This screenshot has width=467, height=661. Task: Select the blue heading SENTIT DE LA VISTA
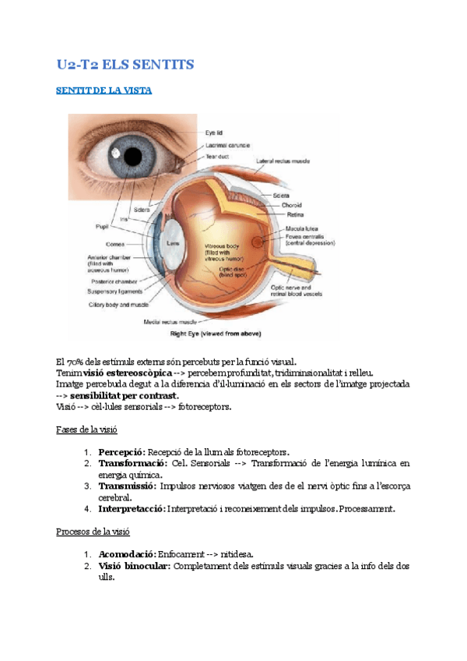coord(104,90)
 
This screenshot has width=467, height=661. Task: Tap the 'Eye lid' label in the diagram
coord(214,133)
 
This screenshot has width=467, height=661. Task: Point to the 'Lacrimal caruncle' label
coord(229,145)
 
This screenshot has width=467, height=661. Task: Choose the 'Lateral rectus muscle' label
coord(283,161)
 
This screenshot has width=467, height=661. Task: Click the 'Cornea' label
coord(115,244)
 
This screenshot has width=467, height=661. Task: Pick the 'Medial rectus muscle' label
coord(169,321)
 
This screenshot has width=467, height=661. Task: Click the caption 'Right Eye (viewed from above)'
coord(216,333)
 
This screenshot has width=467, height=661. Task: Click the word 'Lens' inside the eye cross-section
coord(174,243)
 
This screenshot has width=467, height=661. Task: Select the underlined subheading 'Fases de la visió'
coord(87,429)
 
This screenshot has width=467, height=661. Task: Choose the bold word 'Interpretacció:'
coord(132,508)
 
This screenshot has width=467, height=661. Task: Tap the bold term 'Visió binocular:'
coord(135,565)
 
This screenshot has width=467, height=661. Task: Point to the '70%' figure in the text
coord(76,362)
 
